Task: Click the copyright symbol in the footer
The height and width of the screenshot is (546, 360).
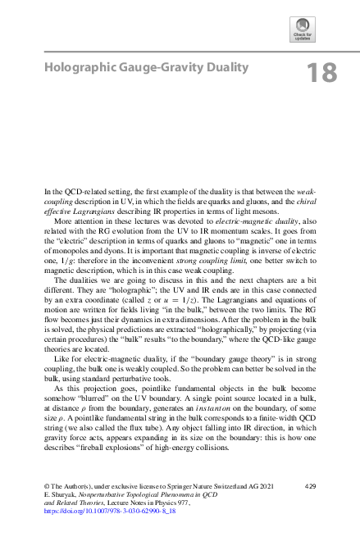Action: (x=47, y=487)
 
